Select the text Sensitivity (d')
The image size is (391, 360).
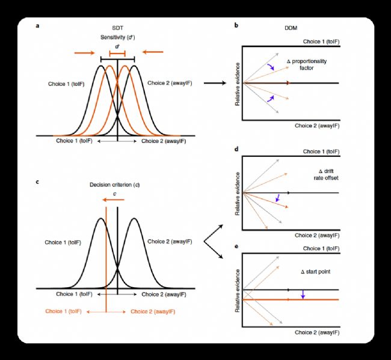(117, 37)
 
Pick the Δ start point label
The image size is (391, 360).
(316, 272)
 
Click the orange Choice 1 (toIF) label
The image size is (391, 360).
(64, 311)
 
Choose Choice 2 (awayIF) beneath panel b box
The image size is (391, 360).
(317, 126)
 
